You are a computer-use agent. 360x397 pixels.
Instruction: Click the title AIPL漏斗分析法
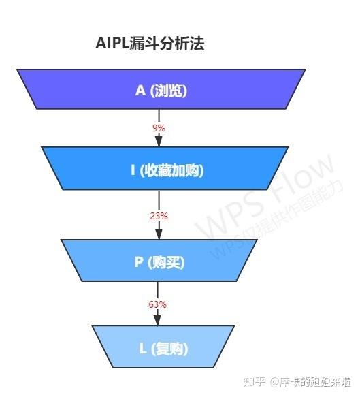pos(150,44)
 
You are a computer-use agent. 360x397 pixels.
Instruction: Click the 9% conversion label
pos(159,127)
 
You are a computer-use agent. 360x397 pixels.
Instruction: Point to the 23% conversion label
pos(159,216)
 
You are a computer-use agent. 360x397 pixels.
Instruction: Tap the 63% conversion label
pos(158,304)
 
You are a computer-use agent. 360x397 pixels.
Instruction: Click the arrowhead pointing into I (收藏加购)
pos(159,140)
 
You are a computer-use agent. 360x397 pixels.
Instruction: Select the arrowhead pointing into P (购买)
pos(159,233)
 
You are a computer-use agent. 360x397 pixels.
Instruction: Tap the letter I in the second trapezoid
pos(133,170)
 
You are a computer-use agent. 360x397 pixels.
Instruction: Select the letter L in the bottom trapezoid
pos(143,348)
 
